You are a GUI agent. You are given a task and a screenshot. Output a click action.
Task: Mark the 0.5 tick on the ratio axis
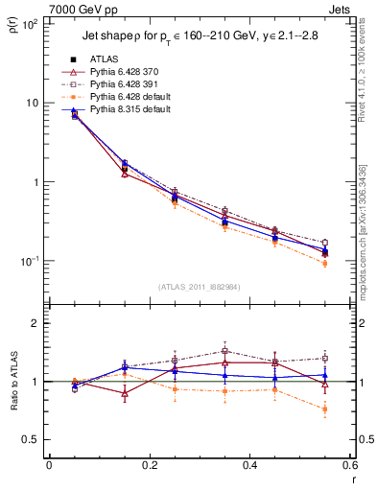32,439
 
